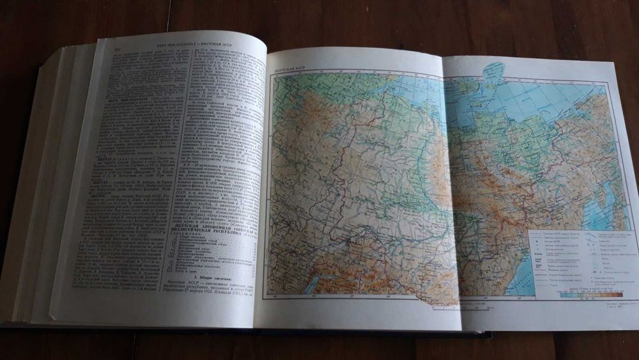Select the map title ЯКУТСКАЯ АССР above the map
pos(291,68)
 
